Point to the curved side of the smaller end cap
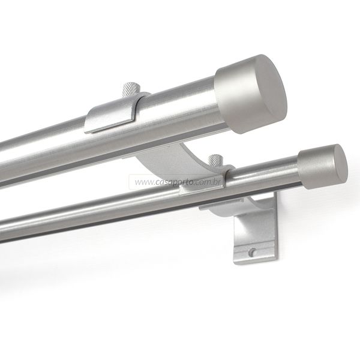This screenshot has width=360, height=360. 314,169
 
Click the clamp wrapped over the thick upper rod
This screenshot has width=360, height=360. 115,113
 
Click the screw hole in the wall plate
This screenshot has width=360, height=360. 252,252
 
